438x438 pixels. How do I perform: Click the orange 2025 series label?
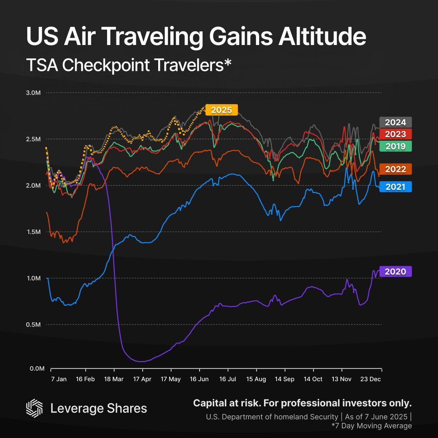click(x=221, y=110)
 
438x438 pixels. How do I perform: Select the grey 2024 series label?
click(x=395, y=122)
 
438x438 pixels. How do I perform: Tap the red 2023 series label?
click(x=395, y=134)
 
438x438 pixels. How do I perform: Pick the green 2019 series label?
click(x=395, y=146)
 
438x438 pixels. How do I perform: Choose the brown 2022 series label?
click(x=395, y=169)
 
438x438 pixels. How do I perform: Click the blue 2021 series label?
click(x=395, y=187)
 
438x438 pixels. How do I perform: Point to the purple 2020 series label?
click(x=395, y=271)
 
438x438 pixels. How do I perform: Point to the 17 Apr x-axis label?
click(x=142, y=379)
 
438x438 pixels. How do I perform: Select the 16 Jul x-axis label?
click(x=228, y=379)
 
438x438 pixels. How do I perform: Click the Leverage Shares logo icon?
click(x=34, y=408)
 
